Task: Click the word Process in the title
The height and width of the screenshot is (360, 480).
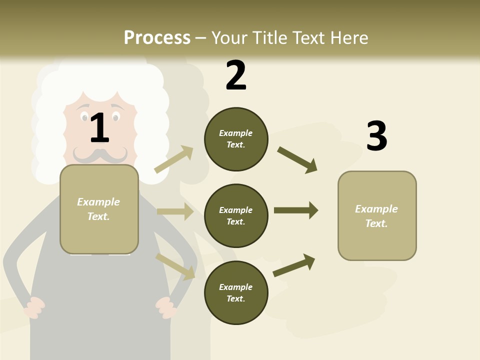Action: pos(157,38)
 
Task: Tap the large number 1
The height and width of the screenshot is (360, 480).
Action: pos(99,128)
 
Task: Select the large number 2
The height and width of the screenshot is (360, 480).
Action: pos(236,75)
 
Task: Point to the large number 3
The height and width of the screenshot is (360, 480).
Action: pos(376,136)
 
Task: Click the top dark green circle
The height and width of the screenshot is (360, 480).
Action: pos(236,139)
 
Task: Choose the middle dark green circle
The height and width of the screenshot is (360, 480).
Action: pos(236,216)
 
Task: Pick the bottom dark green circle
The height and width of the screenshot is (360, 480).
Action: pos(236,293)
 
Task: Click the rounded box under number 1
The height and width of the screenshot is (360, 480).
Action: pos(99,209)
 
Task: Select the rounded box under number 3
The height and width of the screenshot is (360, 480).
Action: pos(377,216)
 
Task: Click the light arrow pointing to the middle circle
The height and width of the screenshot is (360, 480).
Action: pos(175,211)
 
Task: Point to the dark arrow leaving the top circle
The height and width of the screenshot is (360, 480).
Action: pos(297,160)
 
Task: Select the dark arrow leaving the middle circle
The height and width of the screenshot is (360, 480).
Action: pos(296,210)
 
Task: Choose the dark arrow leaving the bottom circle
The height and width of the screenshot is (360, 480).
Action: pos(294,265)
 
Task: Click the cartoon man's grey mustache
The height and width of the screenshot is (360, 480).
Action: pos(100,155)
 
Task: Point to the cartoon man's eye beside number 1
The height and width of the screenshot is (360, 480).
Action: pos(115,117)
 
